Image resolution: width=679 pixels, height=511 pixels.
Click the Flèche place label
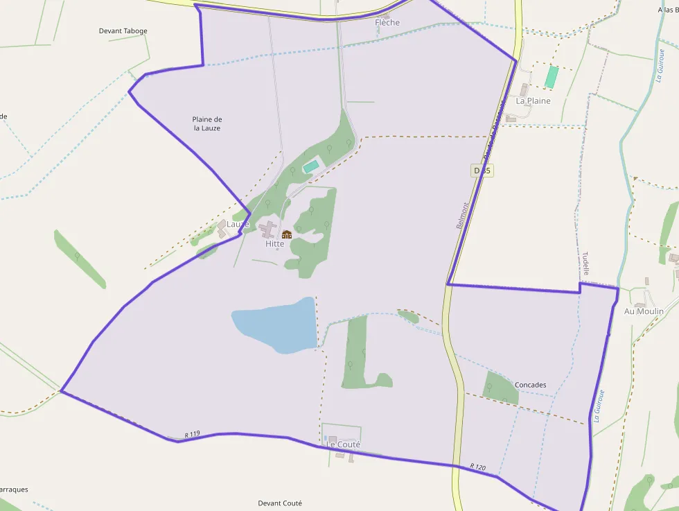[387, 23]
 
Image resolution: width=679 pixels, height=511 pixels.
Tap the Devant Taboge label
[123, 31]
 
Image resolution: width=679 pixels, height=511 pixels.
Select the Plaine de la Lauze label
[207, 123]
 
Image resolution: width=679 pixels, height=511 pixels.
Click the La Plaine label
[533, 101]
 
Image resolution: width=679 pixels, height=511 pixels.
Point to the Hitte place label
[274, 244]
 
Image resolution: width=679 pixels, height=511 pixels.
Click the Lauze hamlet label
[237, 225]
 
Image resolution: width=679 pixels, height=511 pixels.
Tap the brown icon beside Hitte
[287, 234]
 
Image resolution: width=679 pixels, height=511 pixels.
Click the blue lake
[274, 324]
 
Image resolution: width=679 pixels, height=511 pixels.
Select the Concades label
[530, 385]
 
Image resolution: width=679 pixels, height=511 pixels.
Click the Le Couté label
[344, 444]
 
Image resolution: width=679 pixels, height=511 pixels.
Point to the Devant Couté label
[280, 503]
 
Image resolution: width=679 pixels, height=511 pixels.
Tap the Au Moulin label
[644, 312]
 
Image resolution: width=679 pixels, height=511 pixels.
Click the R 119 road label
[192, 434]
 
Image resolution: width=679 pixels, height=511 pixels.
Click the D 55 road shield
[484, 171]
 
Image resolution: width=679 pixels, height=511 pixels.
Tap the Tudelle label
[585, 263]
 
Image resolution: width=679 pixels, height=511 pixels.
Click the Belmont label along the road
[462, 216]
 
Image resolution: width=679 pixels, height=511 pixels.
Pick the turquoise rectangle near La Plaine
[551, 77]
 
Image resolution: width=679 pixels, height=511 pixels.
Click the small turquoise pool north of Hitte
[311, 166]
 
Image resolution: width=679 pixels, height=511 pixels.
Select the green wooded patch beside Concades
[500, 388]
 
